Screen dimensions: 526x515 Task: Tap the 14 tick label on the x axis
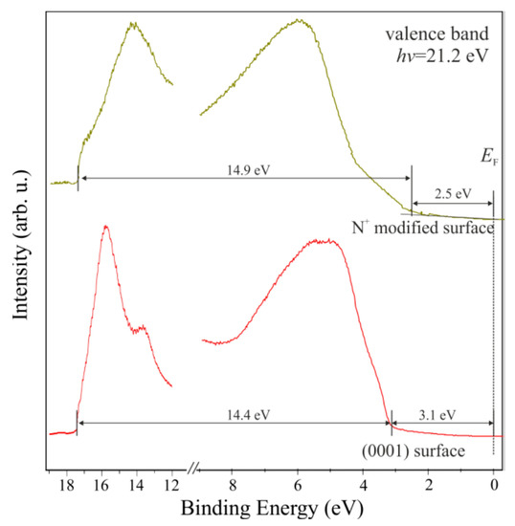[x=136, y=485]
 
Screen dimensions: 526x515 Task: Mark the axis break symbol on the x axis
[x=195, y=470]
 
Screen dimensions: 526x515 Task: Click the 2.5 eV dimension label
[x=453, y=193]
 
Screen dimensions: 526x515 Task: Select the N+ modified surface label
[x=421, y=229]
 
